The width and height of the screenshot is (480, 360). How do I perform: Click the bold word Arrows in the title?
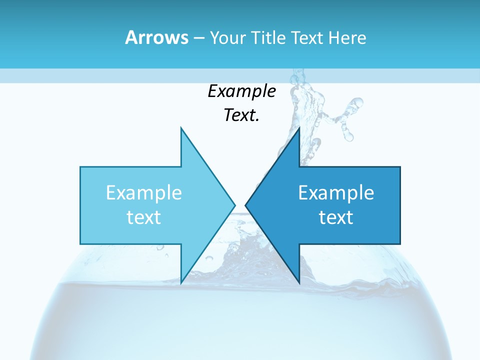tap(156, 37)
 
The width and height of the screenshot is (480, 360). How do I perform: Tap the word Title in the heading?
tap(270, 37)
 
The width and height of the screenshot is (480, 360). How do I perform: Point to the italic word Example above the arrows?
tap(241, 91)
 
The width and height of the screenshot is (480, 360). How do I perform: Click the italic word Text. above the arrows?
tap(241, 115)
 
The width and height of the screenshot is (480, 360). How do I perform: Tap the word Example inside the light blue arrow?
tap(144, 193)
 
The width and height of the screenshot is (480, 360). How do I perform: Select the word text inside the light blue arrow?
tap(144, 217)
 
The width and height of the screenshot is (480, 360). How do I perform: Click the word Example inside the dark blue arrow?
tap(336, 193)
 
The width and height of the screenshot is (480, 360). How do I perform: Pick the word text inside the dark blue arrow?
tap(336, 217)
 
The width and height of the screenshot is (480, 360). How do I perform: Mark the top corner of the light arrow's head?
tap(181, 128)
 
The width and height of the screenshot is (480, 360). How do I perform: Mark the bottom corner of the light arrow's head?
tap(181, 283)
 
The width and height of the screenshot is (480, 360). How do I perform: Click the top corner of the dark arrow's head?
tap(299, 128)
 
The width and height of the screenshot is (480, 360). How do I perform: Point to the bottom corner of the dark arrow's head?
tap(299, 283)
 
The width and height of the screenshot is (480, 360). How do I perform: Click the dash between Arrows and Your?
tap(198, 38)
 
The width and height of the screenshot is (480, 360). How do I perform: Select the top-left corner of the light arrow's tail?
tap(80, 167)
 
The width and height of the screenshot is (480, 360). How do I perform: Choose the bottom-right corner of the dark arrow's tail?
tap(400, 244)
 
